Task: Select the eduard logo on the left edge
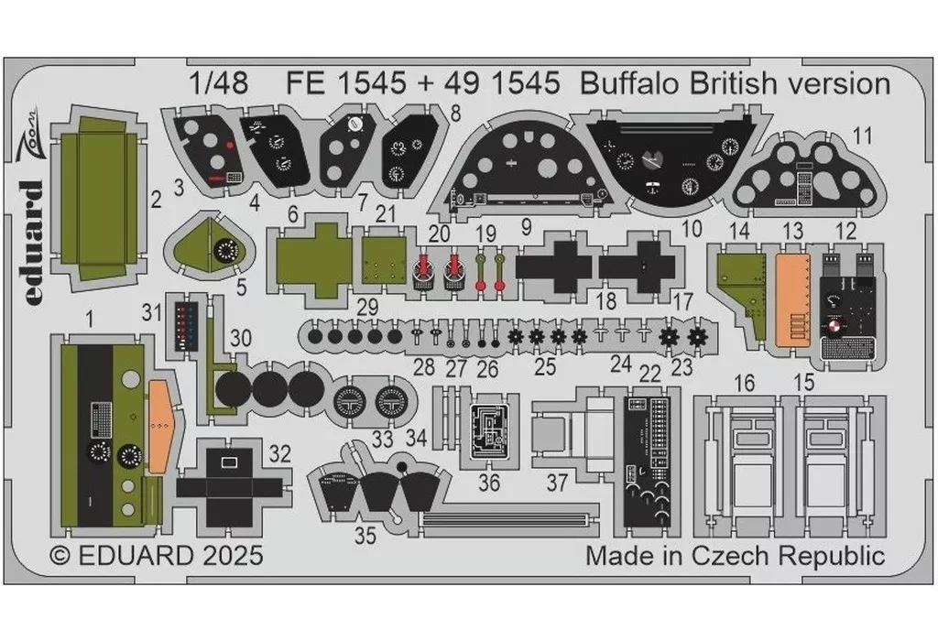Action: tap(30, 234)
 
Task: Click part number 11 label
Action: tap(861, 136)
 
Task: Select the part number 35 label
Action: tap(365, 537)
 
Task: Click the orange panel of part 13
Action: tap(793, 298)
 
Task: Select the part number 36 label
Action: tap(490, 482)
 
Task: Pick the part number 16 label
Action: tap(747, 383)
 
